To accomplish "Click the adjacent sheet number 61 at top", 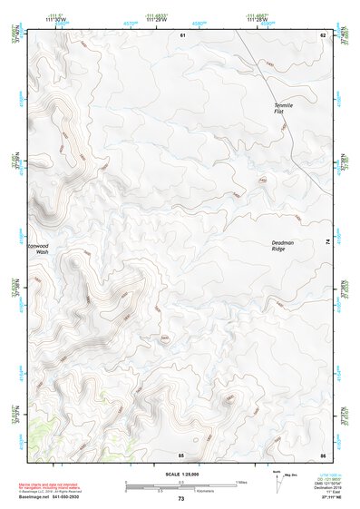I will [x=182, y=34].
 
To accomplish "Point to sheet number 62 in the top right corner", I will [x=322, y=34].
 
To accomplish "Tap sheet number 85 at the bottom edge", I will [x=181, y=454].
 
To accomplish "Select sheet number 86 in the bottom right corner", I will [x=322, y=454].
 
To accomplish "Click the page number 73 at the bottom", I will [x=181, y=499].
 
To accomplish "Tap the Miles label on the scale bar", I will [x=242, y=481].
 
